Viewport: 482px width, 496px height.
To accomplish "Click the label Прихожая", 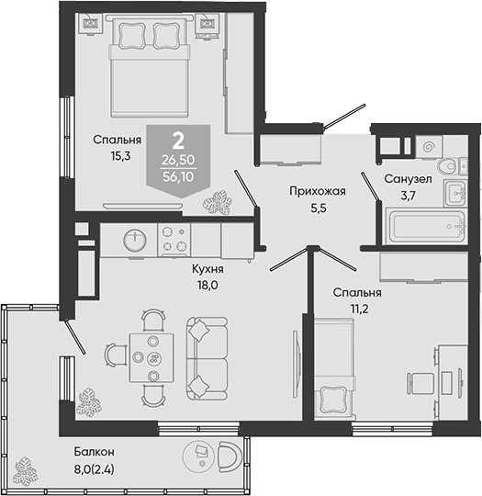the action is point(318,191).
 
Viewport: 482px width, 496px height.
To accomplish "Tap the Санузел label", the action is point(408,179).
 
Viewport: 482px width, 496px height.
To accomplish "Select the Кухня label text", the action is point(207,269).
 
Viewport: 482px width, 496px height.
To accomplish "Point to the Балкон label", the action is point(95,452).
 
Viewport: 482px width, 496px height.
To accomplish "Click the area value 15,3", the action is point(120,156).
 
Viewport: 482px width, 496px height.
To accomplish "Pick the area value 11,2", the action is point(359,309).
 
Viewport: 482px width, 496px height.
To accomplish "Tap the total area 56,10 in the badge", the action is point(178,177).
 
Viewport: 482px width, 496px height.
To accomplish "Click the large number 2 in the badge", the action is point(178,141).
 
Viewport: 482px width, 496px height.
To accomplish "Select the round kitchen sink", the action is point(135,241).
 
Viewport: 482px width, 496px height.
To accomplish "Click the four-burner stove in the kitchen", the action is point(174,240).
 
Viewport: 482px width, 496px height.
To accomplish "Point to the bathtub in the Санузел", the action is point(426,226).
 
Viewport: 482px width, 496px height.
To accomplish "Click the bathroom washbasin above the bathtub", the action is point(455,193).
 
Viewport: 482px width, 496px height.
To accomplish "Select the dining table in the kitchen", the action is point(151,357).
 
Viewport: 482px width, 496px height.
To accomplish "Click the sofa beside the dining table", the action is point(207,359).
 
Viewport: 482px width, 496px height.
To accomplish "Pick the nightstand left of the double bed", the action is point(91,24).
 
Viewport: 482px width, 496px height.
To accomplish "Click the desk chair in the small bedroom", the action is point(420,383).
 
